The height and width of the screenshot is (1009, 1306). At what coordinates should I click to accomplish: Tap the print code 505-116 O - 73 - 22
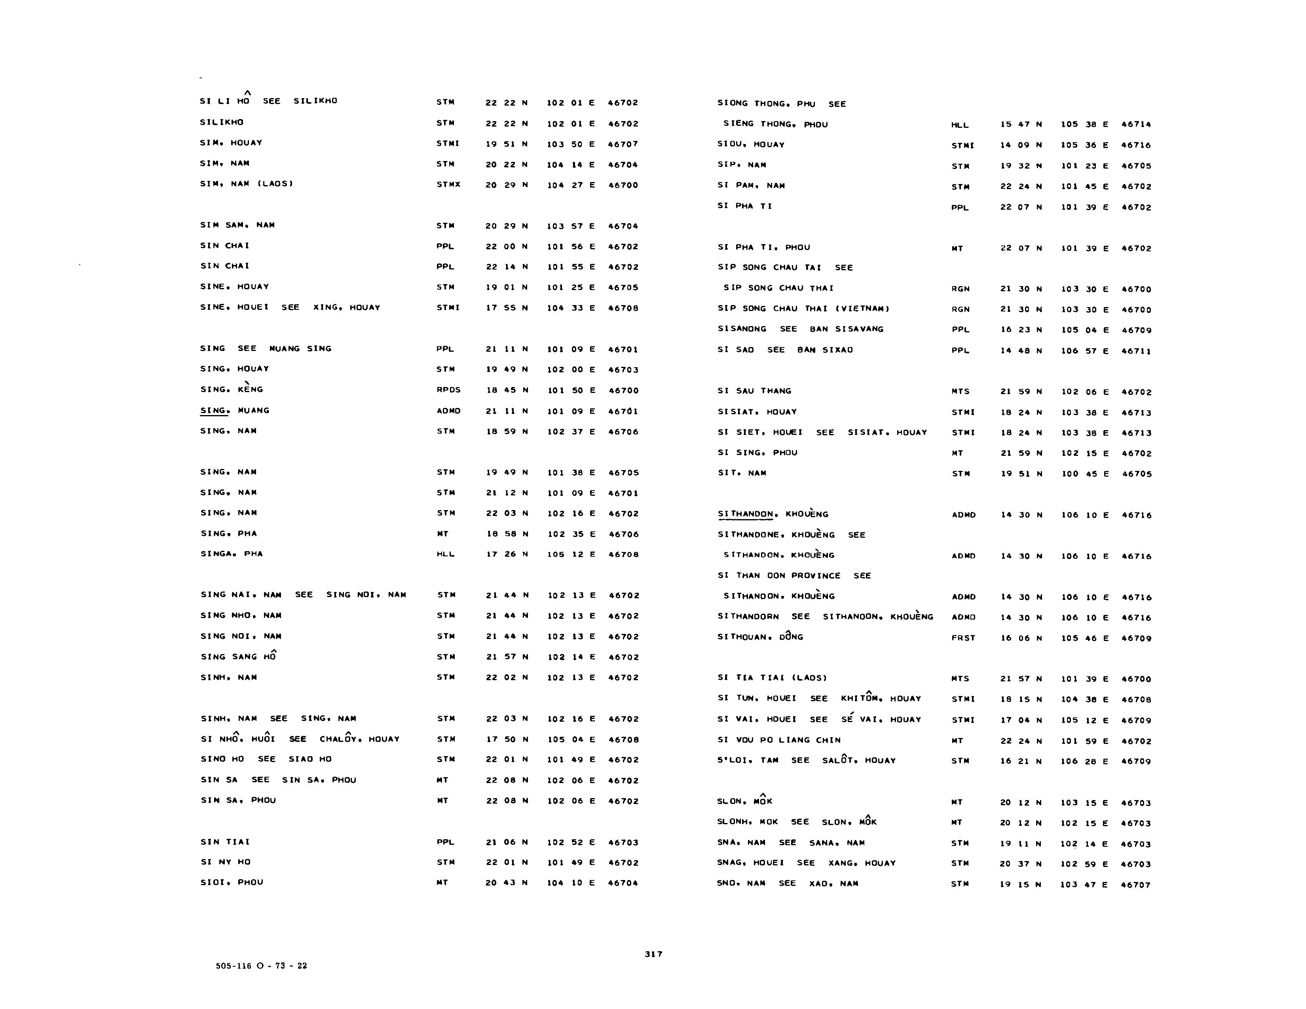[261, 965]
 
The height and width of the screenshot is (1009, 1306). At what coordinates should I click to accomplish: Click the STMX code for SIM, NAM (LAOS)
[448, 185]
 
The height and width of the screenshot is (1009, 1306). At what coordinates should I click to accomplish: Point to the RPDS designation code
[448, 390]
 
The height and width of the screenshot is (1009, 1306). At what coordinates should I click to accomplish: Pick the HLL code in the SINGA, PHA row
[446, 554]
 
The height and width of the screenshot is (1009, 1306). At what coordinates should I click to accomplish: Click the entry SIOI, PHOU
[232, 882]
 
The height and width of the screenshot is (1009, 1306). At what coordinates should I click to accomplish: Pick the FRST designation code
[963, 638]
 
